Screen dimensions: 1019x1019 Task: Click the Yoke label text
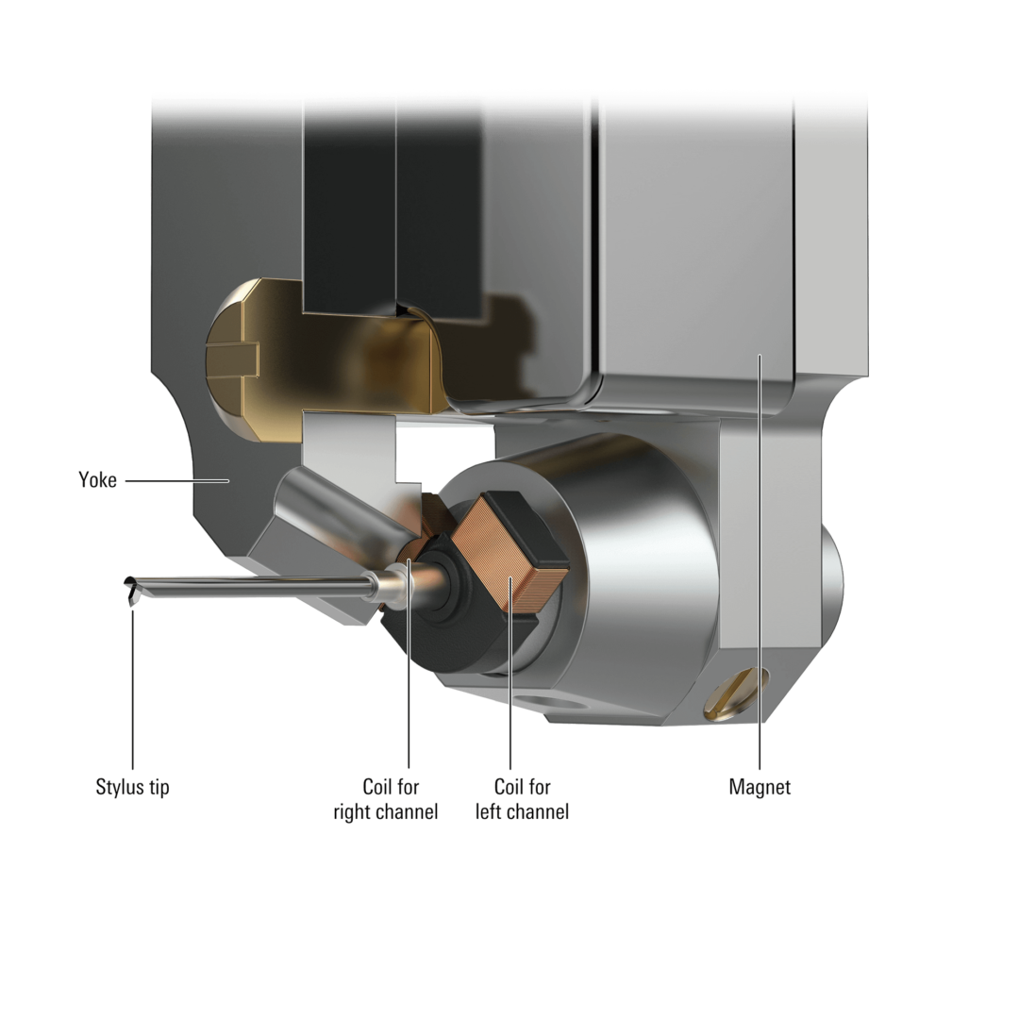click(x=97, y=480)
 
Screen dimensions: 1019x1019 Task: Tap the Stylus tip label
click(x=133, y=787)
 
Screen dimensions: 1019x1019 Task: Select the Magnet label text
click(x=760, y=787)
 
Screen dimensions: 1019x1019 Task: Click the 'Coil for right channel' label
click(x=385, y=799)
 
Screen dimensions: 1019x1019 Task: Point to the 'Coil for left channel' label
click(x=522, y=799)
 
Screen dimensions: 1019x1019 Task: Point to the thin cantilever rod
click(x=254, y=586)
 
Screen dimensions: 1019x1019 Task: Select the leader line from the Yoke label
click(x=176, y=481)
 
